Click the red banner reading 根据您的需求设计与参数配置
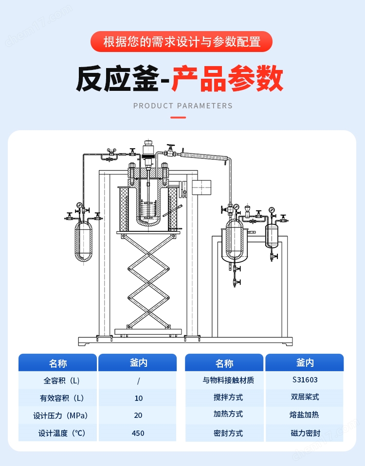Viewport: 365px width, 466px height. coord(182,41)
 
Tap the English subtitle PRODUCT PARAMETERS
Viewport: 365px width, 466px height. coord(182,105)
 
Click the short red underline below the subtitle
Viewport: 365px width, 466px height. coord(178,117)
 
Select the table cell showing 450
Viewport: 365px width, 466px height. coord(138,433)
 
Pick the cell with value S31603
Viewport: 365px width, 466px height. coord(305,380)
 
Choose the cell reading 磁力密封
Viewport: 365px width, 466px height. coord(305,433)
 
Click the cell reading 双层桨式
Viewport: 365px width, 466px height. coord(305,397)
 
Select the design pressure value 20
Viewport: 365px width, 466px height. coord(138,415)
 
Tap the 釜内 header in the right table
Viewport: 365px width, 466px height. coord(305,362)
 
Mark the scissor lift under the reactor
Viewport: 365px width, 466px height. coord(148,282)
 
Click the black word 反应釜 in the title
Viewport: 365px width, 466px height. coord(117,79)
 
